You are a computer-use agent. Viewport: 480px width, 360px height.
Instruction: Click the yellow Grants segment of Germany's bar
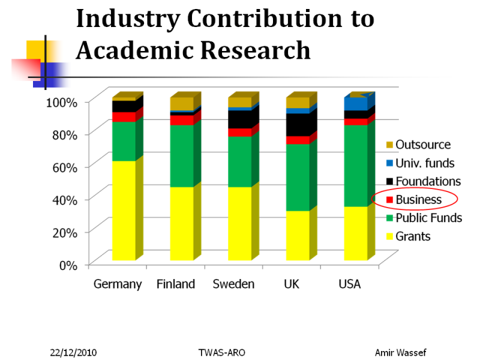[x=124, y=210]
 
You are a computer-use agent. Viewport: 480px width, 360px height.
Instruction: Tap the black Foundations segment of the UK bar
[x=298, y=125]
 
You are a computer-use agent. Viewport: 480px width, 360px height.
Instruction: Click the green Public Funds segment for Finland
[x=182, y=156]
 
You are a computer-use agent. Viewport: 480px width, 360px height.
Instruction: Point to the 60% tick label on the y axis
[x=62, y=167]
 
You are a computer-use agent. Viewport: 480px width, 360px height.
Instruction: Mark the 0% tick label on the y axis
[x=67, y=265]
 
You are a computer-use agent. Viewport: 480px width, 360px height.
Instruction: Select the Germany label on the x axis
[x=118, y=284]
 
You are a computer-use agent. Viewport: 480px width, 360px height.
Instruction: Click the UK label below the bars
[x=292, y=284]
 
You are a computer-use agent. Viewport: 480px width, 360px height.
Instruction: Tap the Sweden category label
[x=233, y=284]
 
